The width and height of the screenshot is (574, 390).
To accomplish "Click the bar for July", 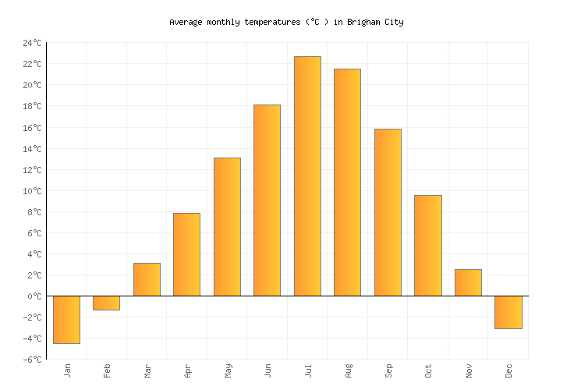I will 307,176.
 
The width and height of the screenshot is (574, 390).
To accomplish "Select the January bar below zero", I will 66,320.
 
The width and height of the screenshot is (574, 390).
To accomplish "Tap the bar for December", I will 508,312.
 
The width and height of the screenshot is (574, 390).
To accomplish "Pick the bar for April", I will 186,254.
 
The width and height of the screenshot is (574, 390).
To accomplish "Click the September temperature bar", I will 388,212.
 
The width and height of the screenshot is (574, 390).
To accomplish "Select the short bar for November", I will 468,282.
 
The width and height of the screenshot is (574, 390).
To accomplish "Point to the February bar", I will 106,303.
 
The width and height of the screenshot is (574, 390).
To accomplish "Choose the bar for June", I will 267,200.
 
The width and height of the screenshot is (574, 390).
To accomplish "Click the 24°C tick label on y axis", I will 32,43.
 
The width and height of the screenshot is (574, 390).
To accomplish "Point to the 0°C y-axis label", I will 34,296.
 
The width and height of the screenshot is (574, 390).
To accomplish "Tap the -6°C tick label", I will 32,360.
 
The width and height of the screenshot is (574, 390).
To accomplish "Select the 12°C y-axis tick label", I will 32,170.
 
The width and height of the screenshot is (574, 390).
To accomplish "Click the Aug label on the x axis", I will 348,370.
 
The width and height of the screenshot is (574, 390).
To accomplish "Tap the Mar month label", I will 147,370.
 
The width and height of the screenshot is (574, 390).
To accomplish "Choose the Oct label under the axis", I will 428,370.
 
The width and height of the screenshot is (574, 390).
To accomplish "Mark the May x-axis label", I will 228,370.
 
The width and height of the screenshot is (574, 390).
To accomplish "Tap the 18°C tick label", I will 32,106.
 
